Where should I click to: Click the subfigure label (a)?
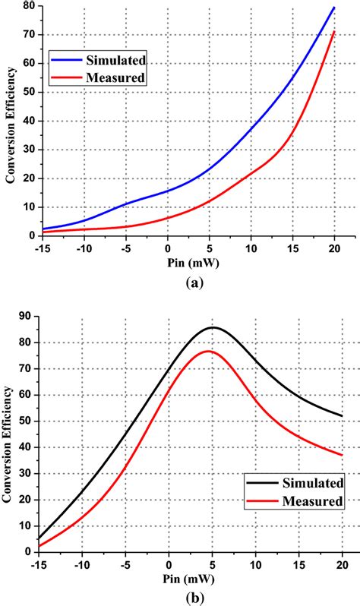click(x=189, y=281)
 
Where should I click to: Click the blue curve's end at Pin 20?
click(x=335, y=7)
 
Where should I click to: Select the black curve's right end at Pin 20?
click(x=342, y=415)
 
